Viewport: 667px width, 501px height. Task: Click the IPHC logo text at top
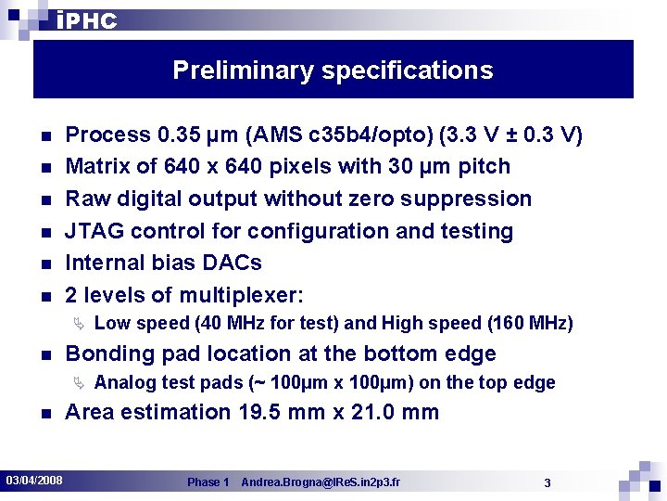click(x=86, y=20)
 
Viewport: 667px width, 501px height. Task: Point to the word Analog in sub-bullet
click(x=124, y=383)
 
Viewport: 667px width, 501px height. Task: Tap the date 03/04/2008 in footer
click(x=34, y=480)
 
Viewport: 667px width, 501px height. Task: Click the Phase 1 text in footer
click(x=208, y=482)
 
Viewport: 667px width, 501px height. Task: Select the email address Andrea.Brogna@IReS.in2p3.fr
click(x=321, y=482)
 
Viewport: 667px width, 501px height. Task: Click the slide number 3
click(x=547, y=482)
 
